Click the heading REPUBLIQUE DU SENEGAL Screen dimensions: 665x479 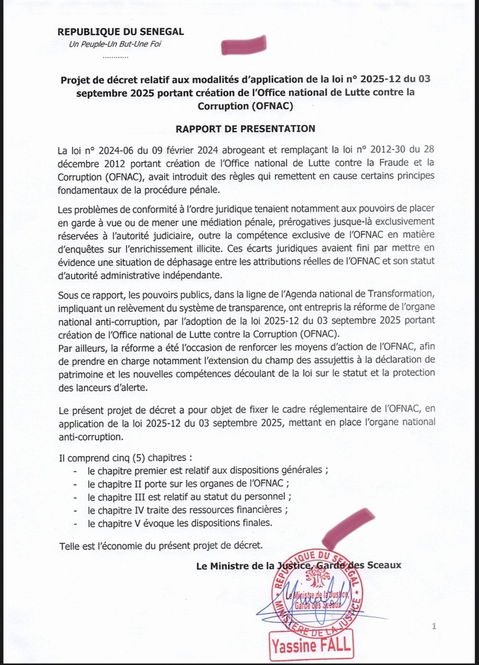click(120, 32)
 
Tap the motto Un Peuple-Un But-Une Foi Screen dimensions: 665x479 click(114, 45)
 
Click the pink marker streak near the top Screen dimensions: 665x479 click(244, 45)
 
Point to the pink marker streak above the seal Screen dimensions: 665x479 click(345, 530)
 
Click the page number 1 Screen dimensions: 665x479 click(434, 628)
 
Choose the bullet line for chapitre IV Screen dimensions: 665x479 click(186, 509)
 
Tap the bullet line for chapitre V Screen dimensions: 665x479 click(180, 522)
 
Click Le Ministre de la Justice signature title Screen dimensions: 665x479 click(298, 565)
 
